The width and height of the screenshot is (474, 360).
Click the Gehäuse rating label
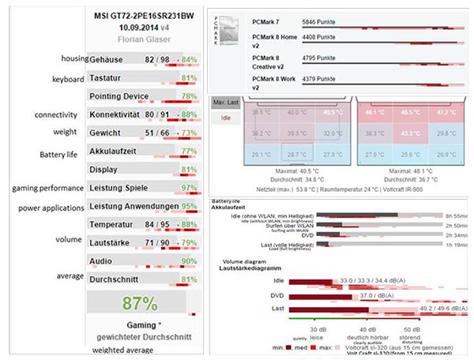(105, 59)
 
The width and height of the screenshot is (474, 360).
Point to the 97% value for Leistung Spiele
(188, 187)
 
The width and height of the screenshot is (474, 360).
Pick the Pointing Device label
(119, 96)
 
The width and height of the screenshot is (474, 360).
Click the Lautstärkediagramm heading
(256, 268)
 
